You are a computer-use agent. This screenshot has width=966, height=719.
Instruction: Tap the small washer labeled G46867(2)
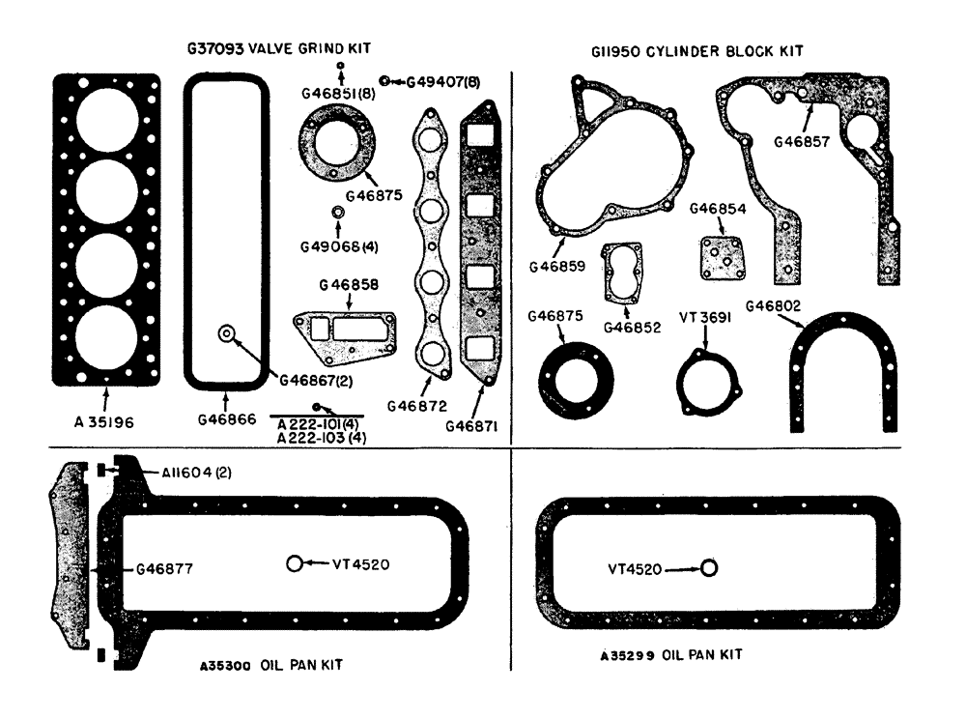pyautogui.click(x=226, y=333)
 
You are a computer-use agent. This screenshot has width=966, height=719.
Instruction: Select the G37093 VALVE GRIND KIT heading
pyautogui.click(x=279, y=47)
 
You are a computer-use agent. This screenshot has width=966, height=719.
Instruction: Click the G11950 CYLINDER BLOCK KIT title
pyautogui.click(x=696, y=50)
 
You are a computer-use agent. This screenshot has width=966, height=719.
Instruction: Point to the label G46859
pyautogui.click(x=558, y=265)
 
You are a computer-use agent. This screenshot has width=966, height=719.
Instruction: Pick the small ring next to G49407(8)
pyautogui.click(x=384, y=81)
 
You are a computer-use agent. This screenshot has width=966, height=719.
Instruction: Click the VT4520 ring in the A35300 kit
pyautogui.click(x=295, y=564)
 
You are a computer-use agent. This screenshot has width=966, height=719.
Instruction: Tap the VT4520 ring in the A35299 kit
pyautogui.click(x=708, y=568)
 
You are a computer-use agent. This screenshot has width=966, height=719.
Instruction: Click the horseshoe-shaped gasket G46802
pyautogui.click(x=843, y=367)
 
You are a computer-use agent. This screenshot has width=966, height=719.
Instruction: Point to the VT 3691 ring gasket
pyautogui.click(x=703, y=377)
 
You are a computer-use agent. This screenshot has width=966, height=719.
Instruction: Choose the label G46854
pyautogui.click(x=717, y=209)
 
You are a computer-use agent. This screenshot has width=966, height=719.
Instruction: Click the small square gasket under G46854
pyautogui.click(x=719, y=256)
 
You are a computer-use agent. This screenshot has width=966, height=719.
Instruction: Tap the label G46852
pyautogui.click(x=632, y=327)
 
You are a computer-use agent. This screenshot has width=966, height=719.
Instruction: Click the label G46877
pyautogui.click(x=164, y=569)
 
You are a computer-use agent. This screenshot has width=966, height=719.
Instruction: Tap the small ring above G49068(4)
pyautogui.click(x=338, y=213)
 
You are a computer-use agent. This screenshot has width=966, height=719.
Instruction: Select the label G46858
pyautogui.click(x=351, y=285)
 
